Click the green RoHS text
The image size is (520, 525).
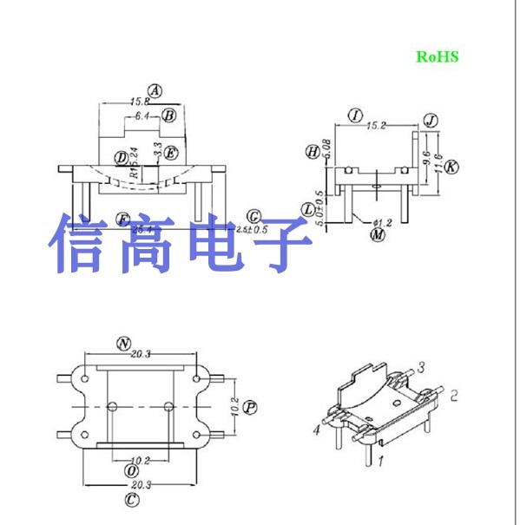436,56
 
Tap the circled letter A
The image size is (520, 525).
155,90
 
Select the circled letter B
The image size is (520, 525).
169,115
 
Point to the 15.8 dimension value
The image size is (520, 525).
140,102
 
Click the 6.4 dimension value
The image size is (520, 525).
143,115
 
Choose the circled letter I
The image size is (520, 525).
354,115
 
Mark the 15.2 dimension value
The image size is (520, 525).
376,126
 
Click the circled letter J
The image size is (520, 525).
430,120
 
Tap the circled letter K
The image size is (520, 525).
451,166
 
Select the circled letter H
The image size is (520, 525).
312,152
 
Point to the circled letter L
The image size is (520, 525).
308,209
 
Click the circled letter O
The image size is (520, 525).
132,469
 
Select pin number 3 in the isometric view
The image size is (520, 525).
420,367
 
